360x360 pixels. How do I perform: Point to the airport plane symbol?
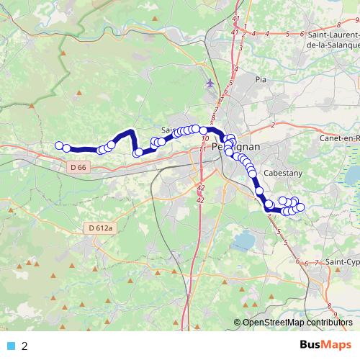coord(210,82)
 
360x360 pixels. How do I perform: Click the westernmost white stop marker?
coord(59,145)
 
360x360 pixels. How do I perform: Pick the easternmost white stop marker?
coord(300,207)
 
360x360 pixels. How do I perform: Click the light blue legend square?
coord(11,346)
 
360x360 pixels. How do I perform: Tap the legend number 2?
coord(25,346)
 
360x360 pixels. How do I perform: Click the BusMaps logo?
coord(325,346)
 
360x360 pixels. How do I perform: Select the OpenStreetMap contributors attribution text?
coord(297,323)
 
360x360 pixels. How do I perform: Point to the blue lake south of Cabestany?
coord(246,238)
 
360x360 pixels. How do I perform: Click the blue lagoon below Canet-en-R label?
coord(353,174)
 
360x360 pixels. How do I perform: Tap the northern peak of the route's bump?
coord(130,132)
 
